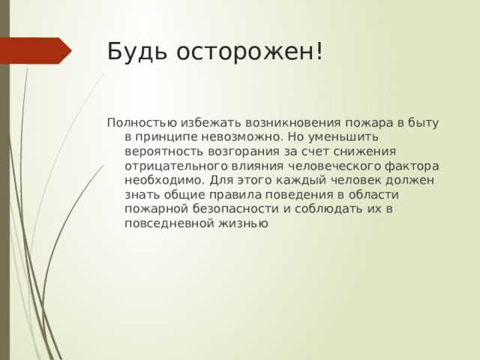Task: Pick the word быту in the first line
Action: [x=424, y=123]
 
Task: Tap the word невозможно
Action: [x=248, y=137]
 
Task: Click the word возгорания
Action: [x=244, y=151]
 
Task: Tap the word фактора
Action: [x=412, y=166]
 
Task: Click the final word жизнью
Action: [x=241, y=223]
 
